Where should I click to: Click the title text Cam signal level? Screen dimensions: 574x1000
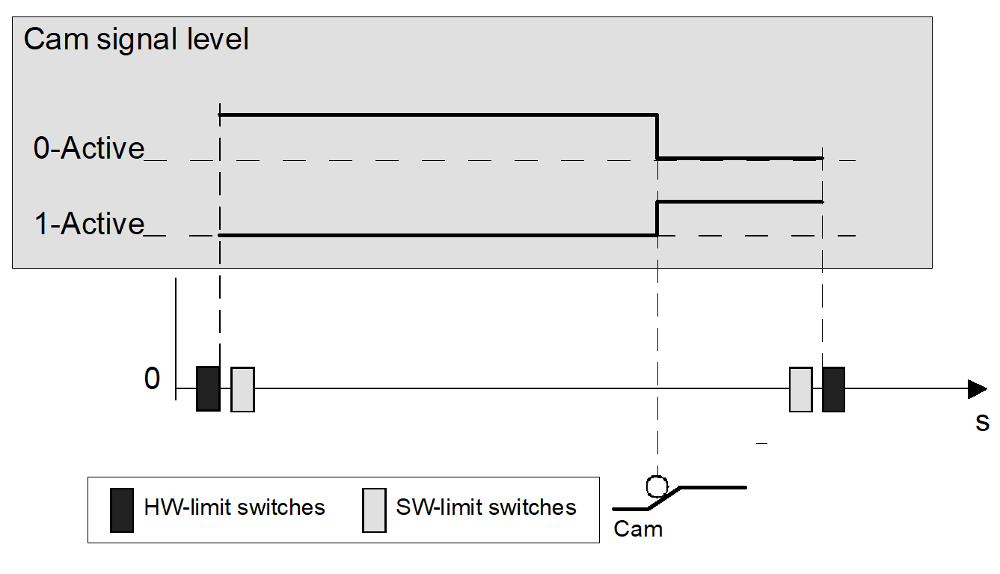pos(136,39)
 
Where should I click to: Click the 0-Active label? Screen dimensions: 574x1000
pos(89,148)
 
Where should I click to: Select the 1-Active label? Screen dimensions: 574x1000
pos(89,223)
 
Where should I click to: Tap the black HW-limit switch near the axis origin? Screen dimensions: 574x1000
pos(208,388)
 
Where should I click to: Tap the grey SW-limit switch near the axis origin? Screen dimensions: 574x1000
pos(242,389)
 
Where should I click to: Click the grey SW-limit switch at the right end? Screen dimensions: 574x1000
pos(800,389)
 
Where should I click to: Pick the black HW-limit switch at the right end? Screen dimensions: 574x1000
pos(833,389)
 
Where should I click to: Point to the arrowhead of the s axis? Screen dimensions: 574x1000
pos(977,389)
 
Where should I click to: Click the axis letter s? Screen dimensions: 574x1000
pos(982,423)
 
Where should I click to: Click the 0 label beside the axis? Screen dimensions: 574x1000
pos(152,379)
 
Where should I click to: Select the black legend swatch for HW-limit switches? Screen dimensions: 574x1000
pos(122,510)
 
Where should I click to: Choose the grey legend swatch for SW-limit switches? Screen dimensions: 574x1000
pos(374,510)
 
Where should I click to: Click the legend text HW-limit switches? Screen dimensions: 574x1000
pos(234,507)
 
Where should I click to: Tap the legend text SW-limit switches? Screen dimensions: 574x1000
pos(486,507)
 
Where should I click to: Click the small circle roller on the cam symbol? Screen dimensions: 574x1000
pos(657,486)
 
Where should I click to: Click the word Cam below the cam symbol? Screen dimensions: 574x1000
pos(638,529)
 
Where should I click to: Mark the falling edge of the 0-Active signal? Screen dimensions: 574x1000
pos(657,136)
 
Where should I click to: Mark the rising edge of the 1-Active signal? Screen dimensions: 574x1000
pos(657,218)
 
